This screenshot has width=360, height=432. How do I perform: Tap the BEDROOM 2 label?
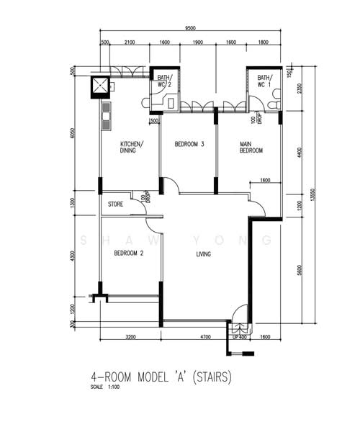tap(130, 253)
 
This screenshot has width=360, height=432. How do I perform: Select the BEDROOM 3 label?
tap(189, 145)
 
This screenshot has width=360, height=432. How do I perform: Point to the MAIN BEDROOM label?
tap(251, 148)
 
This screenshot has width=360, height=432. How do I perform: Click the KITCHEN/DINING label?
tap(132, 148)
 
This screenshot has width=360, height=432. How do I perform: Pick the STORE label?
tap(116, 204)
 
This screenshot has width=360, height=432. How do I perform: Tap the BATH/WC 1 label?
tap(264, 81)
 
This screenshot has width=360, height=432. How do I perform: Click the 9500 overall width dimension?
tap(190, 29)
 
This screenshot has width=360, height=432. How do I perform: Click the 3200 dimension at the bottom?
tap(130, 336)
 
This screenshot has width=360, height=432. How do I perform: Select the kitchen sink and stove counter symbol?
tap(107, 117)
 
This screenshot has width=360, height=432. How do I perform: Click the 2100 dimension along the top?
tap(130, 43)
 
